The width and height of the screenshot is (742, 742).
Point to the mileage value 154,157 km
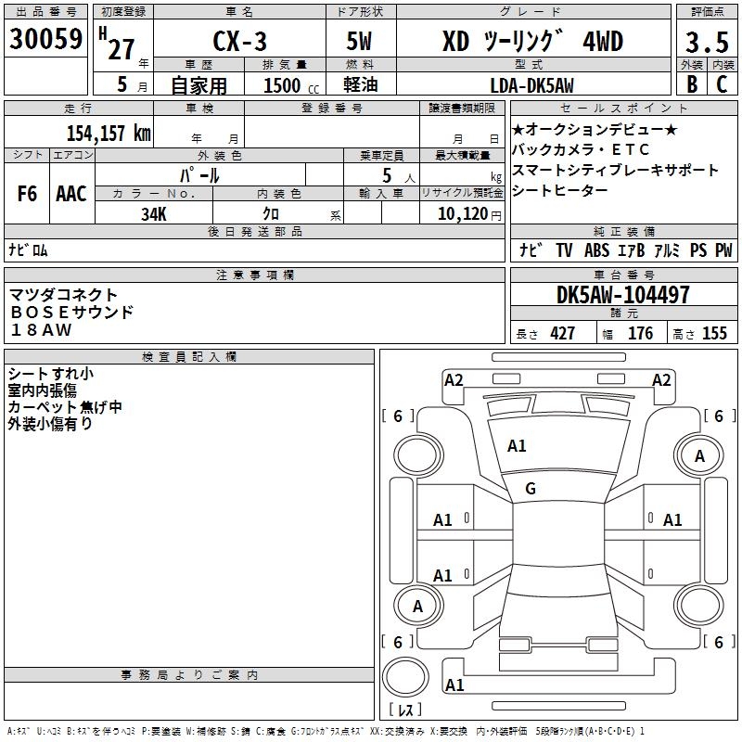pyautogui.click(x=109, y=132)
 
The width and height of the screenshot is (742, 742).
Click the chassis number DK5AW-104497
pyautogui.click(x=622, y=296)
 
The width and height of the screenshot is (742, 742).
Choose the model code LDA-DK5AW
pyautogui.click(x=531, y=84)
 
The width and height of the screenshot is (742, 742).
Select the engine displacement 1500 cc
pyautogui.click(x=282, y=85)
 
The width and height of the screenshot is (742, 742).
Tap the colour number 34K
pyautogui.click(x=153, y=214)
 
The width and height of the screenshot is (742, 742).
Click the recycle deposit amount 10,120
pyautogui.click(x=460, y=214)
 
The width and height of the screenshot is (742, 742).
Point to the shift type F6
pyautogui.click(x=27, y=193)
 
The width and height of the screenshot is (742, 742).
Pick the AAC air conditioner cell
pyautogui.click(x=71, y=193)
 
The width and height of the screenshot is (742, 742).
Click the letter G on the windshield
pyautogui.click(x=531, y=489)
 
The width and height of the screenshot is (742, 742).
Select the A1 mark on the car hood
pyautogui.click(x=517, y=446)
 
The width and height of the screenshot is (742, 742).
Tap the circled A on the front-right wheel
pyautogui.click(x=700, y=455)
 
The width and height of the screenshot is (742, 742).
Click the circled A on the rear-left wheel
pyautogui.click(x=417, y=607)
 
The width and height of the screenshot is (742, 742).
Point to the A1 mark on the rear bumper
pyautogui.click(x=454, y=685)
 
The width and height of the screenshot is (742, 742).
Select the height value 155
pyautogui.click(x=714, y=334)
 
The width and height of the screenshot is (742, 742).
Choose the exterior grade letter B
pyautogui.click(x=691, y=84)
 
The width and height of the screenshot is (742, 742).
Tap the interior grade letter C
pyautogui.click(x=722, y=84)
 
